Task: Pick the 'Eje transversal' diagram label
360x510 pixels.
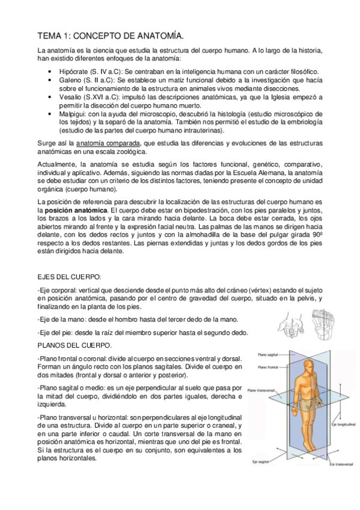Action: point(340,464)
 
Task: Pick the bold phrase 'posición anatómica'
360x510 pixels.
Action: point(73,210)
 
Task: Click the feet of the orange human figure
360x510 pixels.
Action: point(313,448)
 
